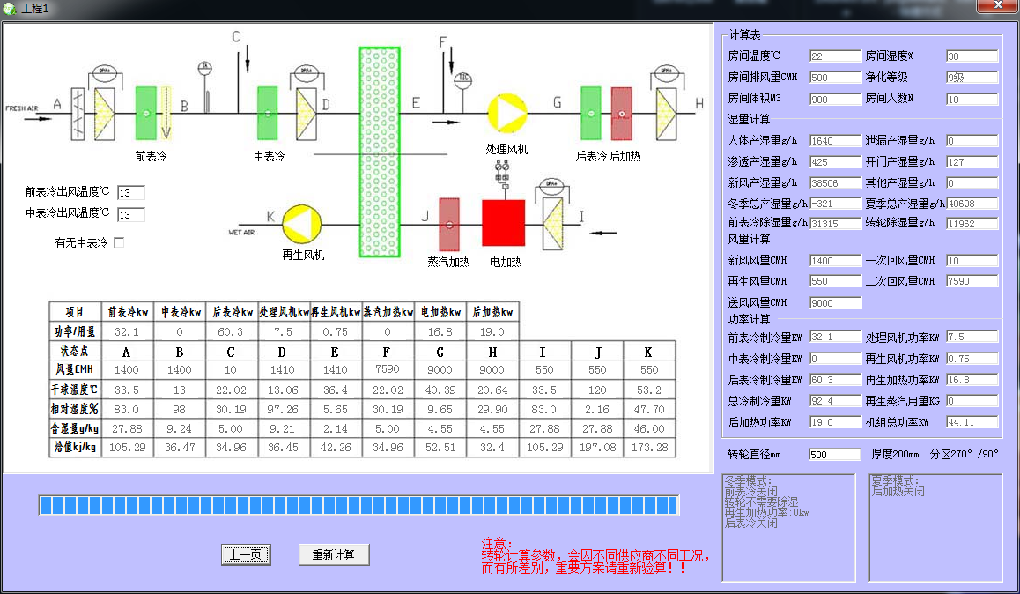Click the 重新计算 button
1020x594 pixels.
coord(333,554)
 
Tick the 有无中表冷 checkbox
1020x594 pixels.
coord(119,242)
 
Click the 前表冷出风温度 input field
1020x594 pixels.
coord(130,193)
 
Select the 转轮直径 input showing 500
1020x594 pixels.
coord(834,455)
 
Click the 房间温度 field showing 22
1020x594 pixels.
coord(834,56)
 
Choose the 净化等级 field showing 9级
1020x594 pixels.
coord(972,78)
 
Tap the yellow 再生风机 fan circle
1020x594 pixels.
coord(301,223)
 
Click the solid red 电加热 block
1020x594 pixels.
coord(503,222)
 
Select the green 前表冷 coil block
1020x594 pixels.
coord(145,113)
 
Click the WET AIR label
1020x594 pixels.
coord(241,233)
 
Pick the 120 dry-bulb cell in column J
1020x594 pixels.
coord(598,390)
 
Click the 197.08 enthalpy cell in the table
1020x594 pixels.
coord(598,448)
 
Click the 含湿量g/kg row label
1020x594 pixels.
coord(75,428)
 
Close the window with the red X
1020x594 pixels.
coord(996,6)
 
